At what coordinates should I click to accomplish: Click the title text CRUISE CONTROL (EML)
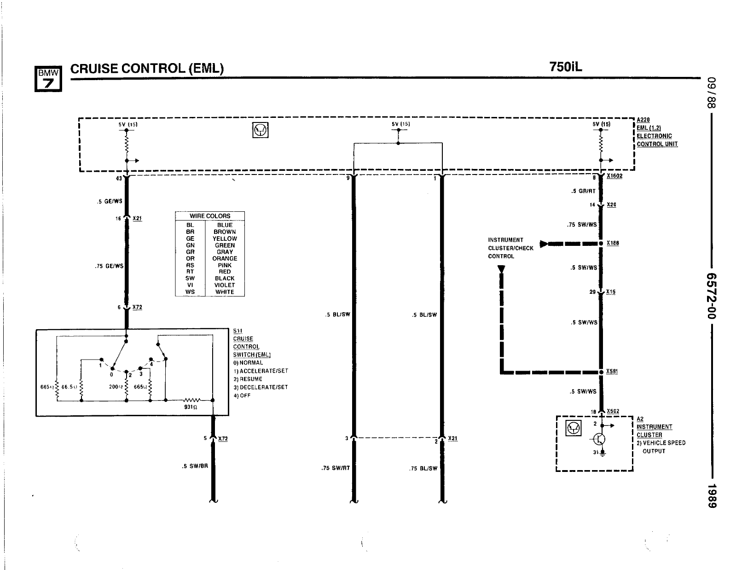pos(147,69)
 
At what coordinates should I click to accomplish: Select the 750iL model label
pos(565,67)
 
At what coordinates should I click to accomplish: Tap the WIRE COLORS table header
pos(210,216)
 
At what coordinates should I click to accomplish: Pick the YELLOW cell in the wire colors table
pos(225,238)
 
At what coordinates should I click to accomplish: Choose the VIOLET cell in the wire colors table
pos(225,285)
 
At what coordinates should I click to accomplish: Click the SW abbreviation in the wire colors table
pos(190,278)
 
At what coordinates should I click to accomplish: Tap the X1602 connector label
pos(614,176)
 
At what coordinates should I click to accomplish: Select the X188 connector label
pos(613,243)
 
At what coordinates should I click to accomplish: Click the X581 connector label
pos(612,371)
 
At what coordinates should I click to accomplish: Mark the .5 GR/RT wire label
pos(583,191)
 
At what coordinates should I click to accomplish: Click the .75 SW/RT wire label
pos(336,468)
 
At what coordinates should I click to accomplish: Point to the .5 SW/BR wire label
pos(195,466)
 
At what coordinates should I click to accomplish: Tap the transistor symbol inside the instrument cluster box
pos(599,439)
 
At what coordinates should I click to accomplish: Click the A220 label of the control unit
pos(643,120)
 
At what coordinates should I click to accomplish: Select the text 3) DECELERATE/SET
pos(261,387)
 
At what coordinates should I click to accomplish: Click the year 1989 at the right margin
pos(712,496)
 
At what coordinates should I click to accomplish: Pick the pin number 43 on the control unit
pos(119,178)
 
